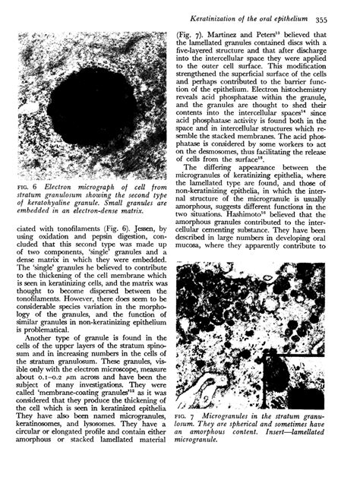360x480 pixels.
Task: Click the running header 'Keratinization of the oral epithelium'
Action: pos(256,16)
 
